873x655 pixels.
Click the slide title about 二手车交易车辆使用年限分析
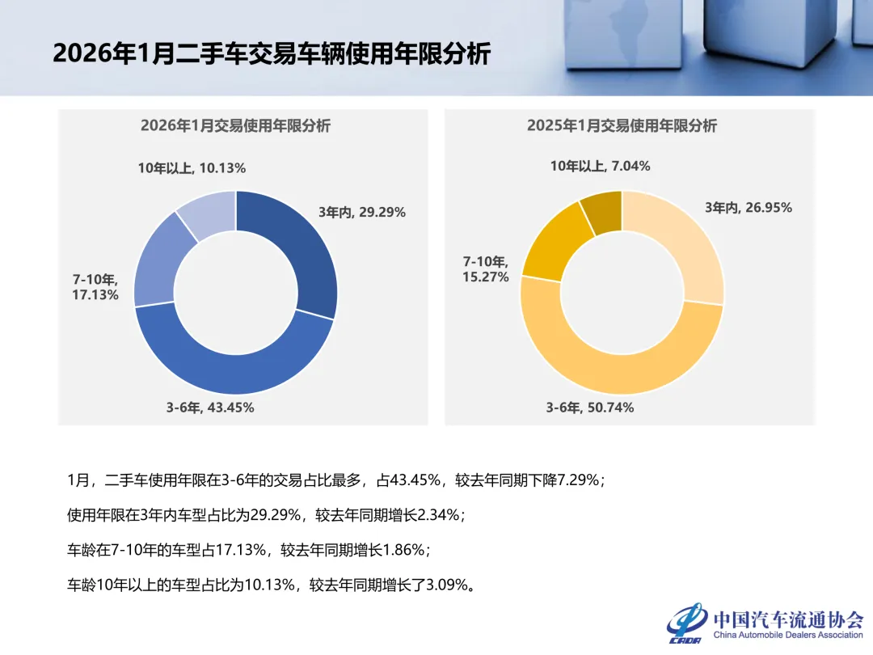271,54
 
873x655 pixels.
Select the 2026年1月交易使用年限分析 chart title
235,126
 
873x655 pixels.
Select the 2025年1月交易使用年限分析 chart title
622,126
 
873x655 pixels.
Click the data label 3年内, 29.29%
362,213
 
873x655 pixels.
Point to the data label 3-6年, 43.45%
210,408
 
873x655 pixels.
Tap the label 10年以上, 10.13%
192,168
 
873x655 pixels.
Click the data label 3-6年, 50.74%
590,408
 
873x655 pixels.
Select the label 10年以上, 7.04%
601,166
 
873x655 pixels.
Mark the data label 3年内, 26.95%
749,208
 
